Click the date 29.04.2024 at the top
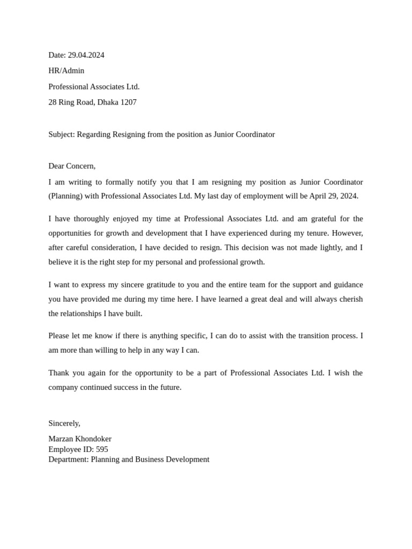click(86, 55)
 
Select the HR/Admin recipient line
click(67, 71)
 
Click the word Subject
click(61, 135)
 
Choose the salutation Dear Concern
click(72, 166)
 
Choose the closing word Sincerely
click(64, 424)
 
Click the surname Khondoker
click(93, 439)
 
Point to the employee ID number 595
click(102, 449)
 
